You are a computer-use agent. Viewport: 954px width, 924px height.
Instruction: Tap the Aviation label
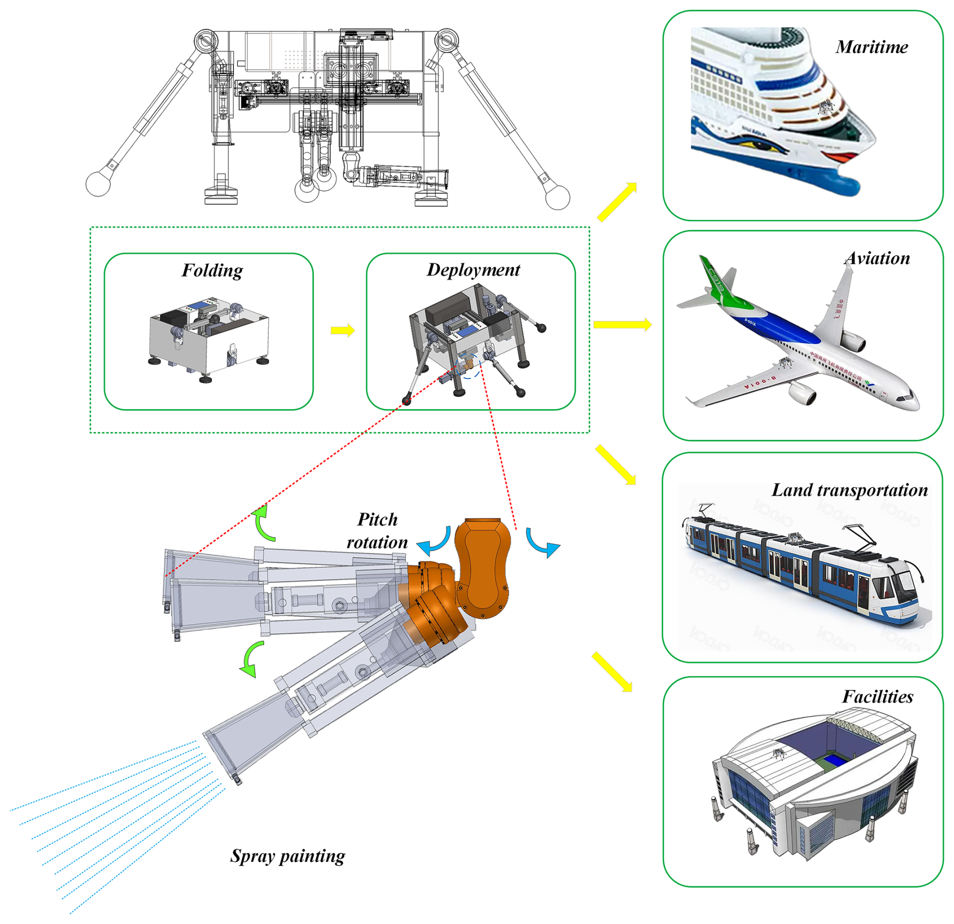coord(877,258)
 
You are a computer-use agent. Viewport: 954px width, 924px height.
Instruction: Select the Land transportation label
coord(849,490)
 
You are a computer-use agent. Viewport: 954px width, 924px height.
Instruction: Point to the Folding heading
coord(212,270)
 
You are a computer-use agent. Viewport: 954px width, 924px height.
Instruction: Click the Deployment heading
coord(473,270)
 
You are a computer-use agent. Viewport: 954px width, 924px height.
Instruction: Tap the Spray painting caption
coord(287,856)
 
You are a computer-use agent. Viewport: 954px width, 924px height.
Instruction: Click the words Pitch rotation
coord(377,531)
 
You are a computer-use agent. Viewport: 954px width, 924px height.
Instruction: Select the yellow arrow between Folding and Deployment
coord(343,330)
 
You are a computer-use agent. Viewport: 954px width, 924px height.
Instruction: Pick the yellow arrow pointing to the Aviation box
coord(622,324)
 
